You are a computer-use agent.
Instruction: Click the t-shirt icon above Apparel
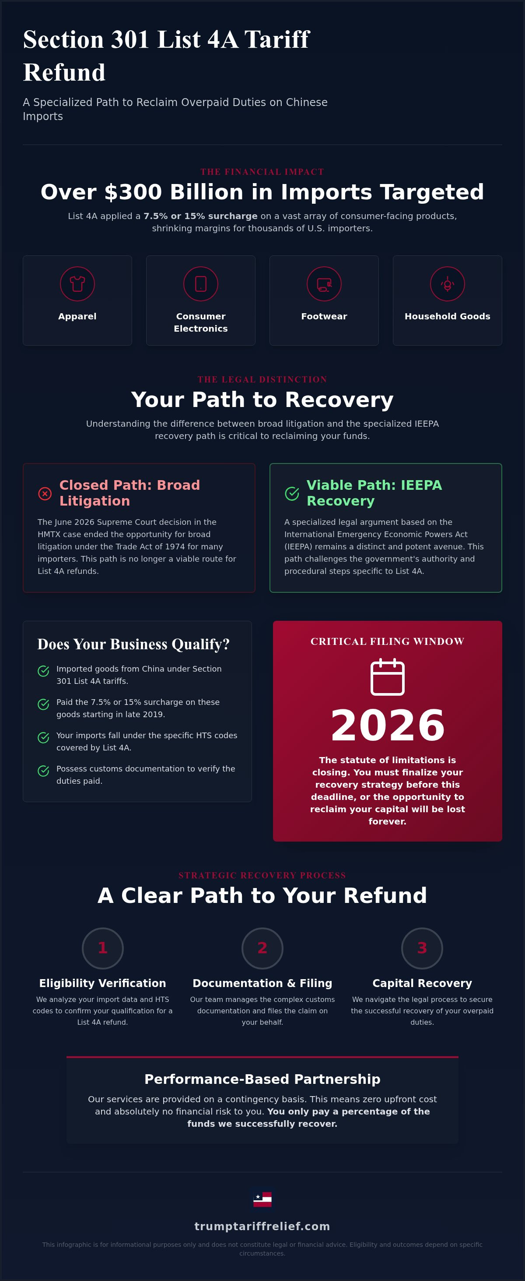77,283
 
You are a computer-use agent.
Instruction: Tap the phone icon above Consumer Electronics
201,283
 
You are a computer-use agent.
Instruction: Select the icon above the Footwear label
324,284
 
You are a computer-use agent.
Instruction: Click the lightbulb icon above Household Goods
448,284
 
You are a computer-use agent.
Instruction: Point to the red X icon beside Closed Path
45,493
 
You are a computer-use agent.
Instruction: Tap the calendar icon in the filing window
388,676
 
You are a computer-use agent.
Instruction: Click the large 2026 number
388,725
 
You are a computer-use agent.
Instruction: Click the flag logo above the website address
262,1200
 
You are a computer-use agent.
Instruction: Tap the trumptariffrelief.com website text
262,1226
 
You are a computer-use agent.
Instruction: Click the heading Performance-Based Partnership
262,1079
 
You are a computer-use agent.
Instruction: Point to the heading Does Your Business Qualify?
133,644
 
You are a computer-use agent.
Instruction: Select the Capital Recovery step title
422,983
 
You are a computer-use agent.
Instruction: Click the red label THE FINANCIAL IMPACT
262,172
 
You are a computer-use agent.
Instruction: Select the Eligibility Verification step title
103,983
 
